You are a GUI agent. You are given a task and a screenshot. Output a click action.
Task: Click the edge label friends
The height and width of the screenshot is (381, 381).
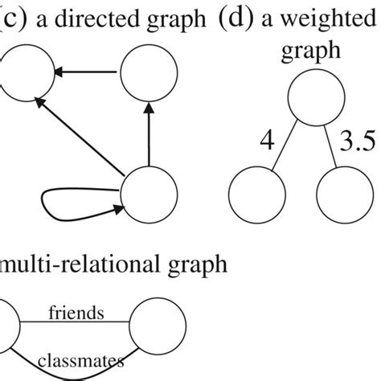click(73, 311)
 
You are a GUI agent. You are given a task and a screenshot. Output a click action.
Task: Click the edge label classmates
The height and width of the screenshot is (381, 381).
click(78, 361)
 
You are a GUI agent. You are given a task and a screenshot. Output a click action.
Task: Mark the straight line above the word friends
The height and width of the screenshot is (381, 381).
click(73, 325)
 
